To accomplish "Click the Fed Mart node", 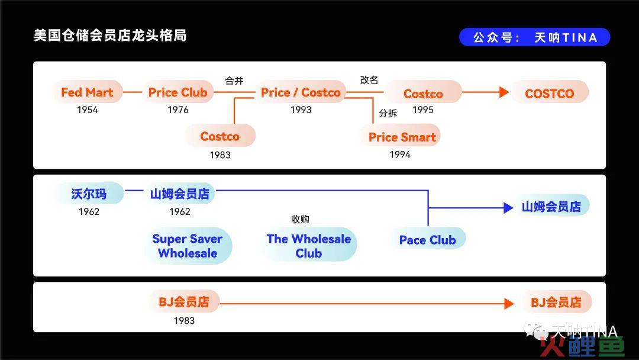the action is pos(87,92).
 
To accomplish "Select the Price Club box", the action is pos(178,92).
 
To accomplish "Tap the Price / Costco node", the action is pos(301,92).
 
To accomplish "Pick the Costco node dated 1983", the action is pos(220,136).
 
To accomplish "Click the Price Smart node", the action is pos(402,137).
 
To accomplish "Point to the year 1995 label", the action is pos(423,110).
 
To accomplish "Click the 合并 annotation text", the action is pos(234,81).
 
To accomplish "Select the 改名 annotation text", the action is pos(369,80).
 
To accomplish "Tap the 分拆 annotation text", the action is pos(388,113).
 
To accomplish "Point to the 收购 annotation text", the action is pos(301,219).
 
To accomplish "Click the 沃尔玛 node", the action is pos(89,194).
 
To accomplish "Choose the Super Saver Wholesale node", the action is pos(188,246).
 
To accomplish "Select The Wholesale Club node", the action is pos(308,246).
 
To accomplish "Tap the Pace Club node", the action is pos(428,240).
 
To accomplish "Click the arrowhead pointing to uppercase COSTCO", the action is pos(505,92).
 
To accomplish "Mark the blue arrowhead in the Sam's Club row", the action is pos(508,208).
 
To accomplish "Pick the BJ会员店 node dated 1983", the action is pos(184,302).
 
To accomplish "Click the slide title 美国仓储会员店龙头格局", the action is pos(110,36).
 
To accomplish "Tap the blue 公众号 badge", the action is pos(535,37).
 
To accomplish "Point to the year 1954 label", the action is pos(87,110).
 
